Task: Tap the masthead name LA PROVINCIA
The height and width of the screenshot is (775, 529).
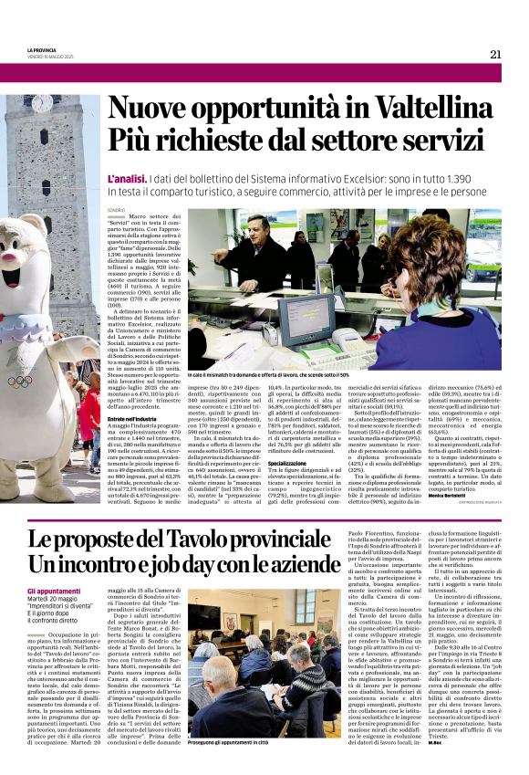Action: coord(43,49)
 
